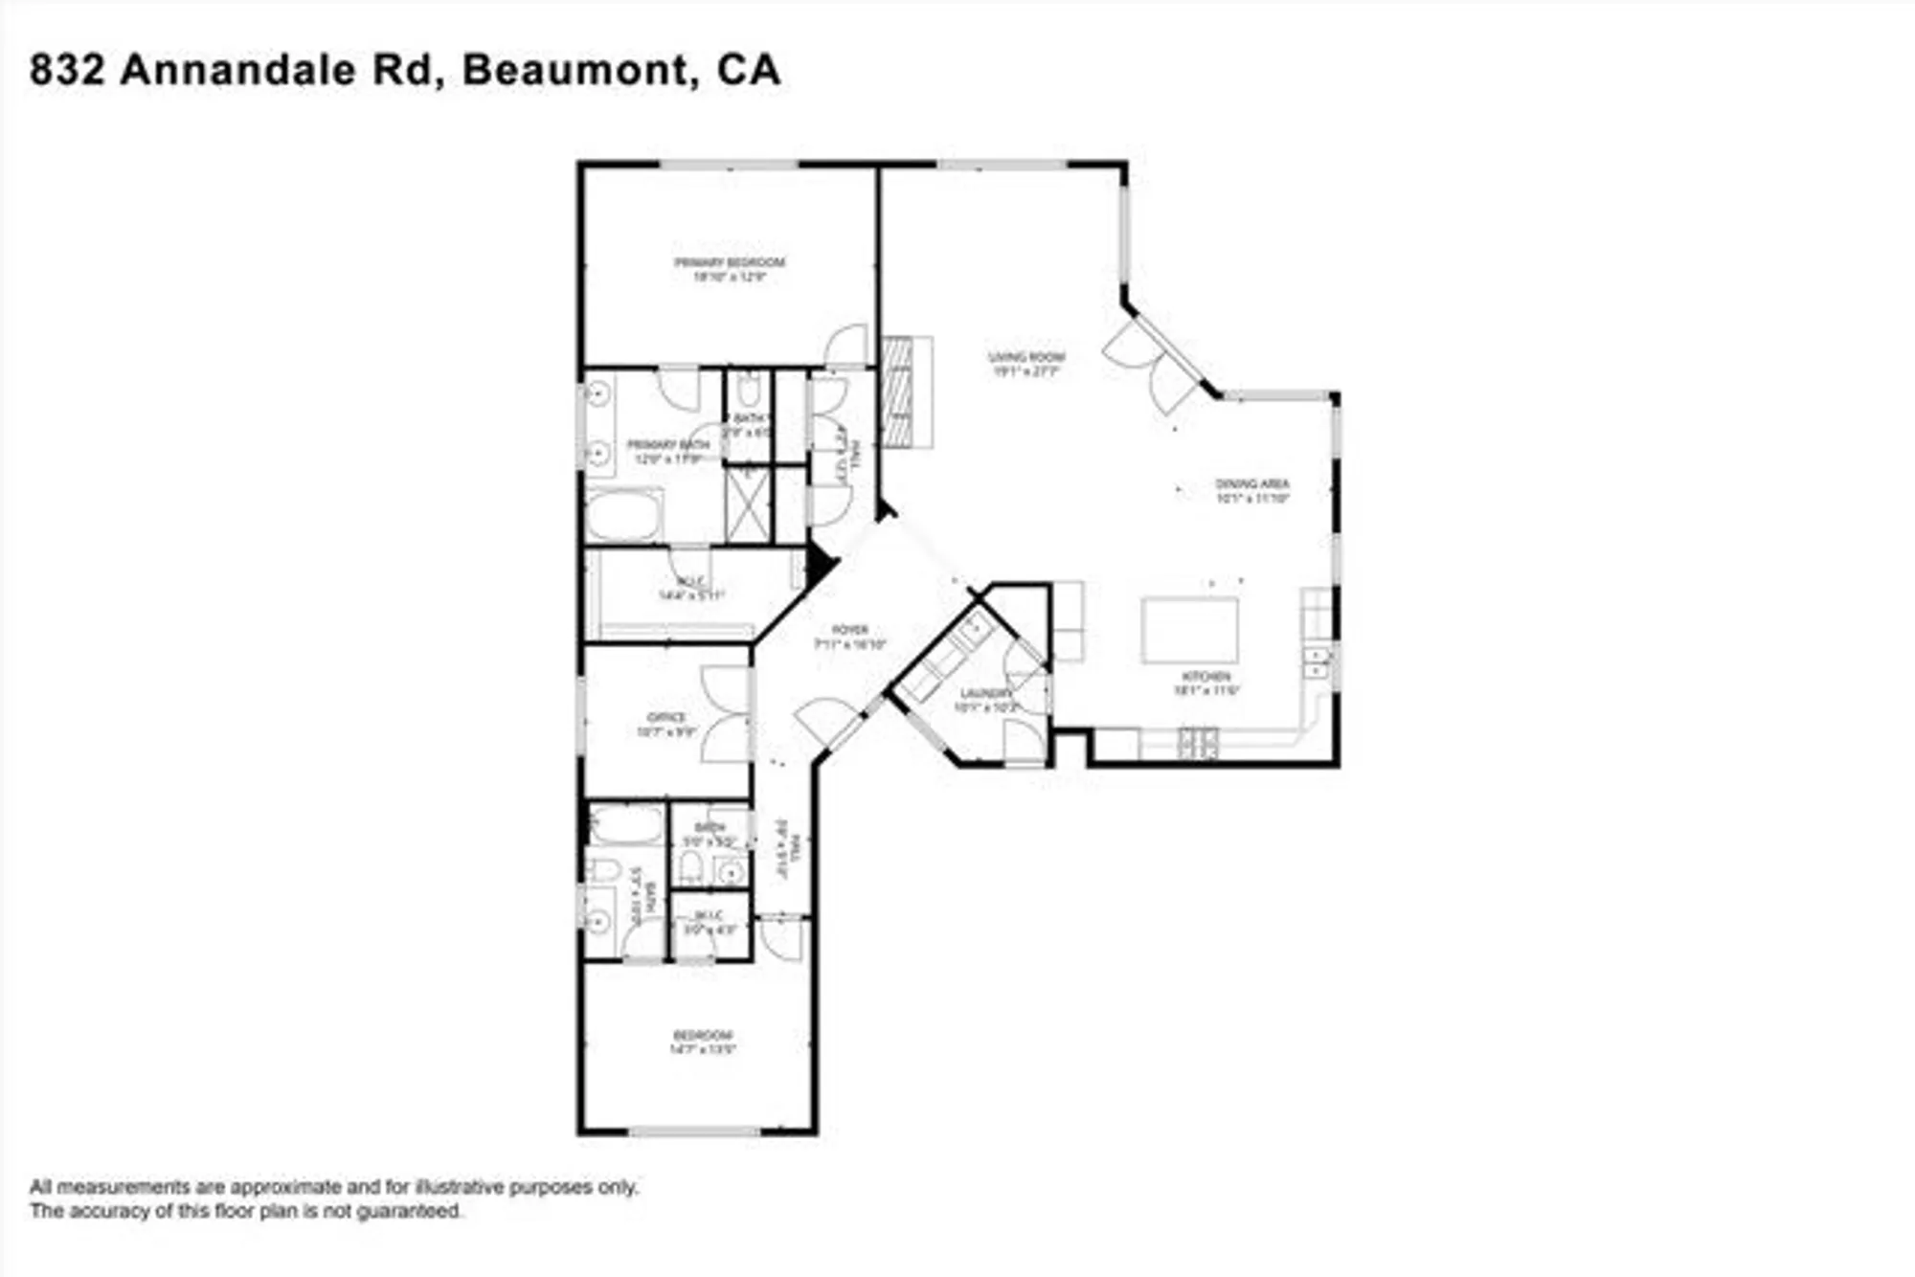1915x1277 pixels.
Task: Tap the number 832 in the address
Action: (x=66, y=71)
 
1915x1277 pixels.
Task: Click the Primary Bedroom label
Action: (x=730, y=262)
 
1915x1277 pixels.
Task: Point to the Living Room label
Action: (x=1026, y=357)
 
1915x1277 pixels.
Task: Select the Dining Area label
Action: (x=1252, y=483)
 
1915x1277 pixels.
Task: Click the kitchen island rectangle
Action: (x=1189, y=630)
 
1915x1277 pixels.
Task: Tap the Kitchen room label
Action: (x=1206, y=677)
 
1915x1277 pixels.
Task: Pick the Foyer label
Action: (x=849, y=630)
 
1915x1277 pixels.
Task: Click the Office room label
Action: (x=666, y=717)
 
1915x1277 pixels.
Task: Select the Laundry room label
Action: (x=985, y=693)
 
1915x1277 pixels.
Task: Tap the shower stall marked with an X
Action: (x=748, y=504)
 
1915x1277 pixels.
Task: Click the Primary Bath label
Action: (x=667, y=445)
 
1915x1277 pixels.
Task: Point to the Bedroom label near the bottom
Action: (x=703, y=1035)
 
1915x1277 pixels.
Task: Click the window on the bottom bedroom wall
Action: (x=694, y=1131)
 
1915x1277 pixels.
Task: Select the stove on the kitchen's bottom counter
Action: (x=1198, y=743)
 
